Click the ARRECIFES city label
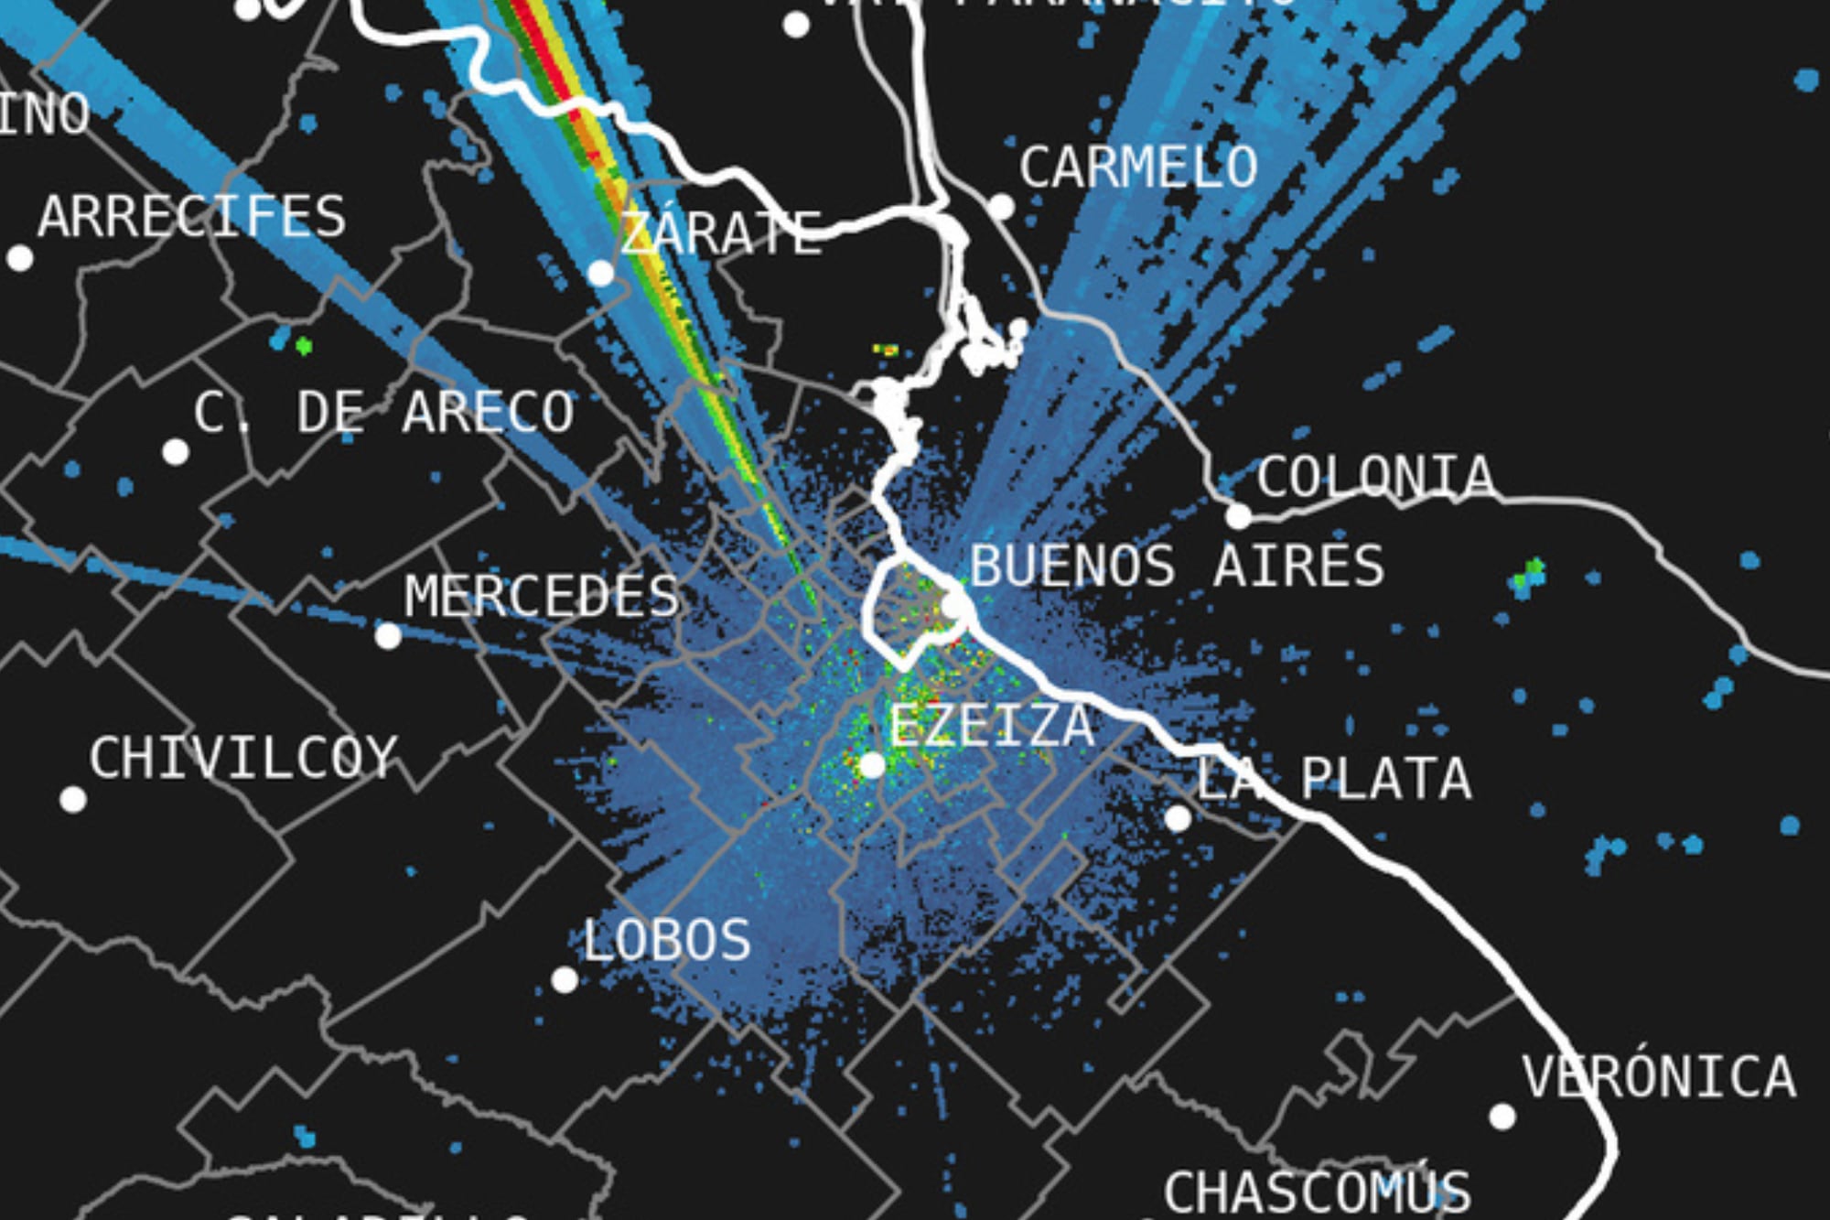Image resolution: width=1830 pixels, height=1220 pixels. [x=192, y=216]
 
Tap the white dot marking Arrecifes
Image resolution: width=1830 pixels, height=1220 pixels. [x=20, y=258]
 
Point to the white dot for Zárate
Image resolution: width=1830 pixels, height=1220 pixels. [x=601, y=273]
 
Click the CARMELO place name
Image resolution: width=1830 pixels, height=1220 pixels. [x=1138, y=167]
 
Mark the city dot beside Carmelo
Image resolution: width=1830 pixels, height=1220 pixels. [x=1001, y=207]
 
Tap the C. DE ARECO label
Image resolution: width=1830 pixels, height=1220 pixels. [x=384, y=412]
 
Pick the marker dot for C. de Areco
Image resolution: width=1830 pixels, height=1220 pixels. [x=176, y=451]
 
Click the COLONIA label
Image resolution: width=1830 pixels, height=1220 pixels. [x=1375, y=477]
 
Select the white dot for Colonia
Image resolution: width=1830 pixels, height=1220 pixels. [x=1238, y=516]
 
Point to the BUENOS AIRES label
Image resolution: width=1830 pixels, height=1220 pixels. [x=1177, y=566]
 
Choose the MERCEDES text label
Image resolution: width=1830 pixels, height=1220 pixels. [x=542, y=597]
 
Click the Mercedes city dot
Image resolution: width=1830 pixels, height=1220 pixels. [x=388, y=635]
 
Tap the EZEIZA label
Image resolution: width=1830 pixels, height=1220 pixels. [x=993, y=726]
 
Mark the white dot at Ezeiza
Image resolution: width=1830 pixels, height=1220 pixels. [x=873, y=765]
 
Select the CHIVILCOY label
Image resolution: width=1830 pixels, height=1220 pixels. [x=243, y=758]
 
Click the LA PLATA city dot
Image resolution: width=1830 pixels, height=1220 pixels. [x=1179, y=818]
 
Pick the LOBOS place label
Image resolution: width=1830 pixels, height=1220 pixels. [x=666, y=940]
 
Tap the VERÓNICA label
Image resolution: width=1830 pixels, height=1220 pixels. [x=1659, y=1077]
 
